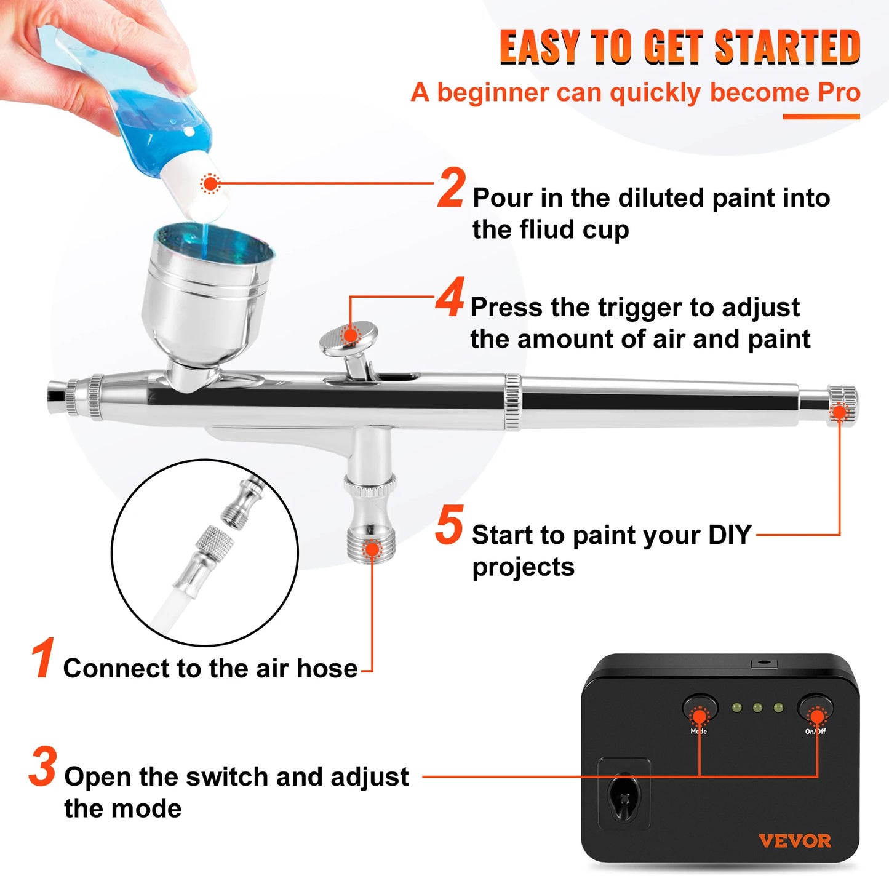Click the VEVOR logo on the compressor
(x=794, y=841)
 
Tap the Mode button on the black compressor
(x=700, y=708)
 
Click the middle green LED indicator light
(x=757, y=708)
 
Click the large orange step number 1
(x=43, y=659)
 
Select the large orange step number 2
(x=451, y=189)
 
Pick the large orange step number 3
(x=43, y=767)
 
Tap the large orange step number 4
(x=450, y=298)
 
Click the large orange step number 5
(x=449, y=526)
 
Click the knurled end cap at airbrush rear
(x=842, y=404)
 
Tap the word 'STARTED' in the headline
(x=787, y=47)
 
